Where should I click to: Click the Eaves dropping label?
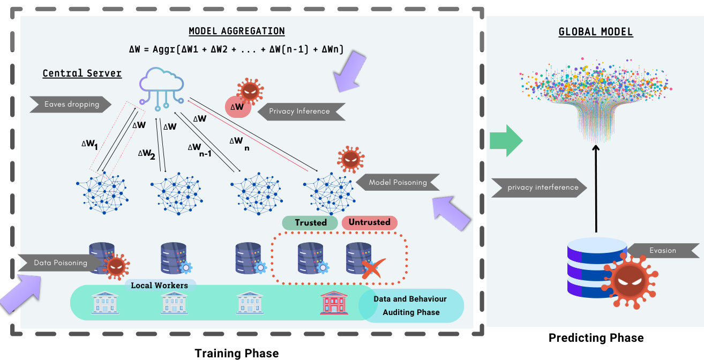[x=71, y=104]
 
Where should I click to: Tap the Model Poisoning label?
[x=398, y=183]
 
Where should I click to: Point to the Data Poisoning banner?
[x=59, y=262]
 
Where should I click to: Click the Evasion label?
[x=662, y=250]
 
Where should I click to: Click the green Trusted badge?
[x=310, y=222]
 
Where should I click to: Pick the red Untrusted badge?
[x=369, y=222]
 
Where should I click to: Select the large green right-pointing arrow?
[x=506, y=140]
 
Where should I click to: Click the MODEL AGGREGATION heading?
[x=237, y=31]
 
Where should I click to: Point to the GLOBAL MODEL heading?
[x=596, y=32]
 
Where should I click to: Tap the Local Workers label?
[x=160, y=286]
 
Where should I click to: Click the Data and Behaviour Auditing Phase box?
[x=410, y=305]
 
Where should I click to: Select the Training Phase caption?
[x=236, y=353]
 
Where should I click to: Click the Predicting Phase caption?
[x=596, y=338]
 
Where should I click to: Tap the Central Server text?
[x=82, y=73]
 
